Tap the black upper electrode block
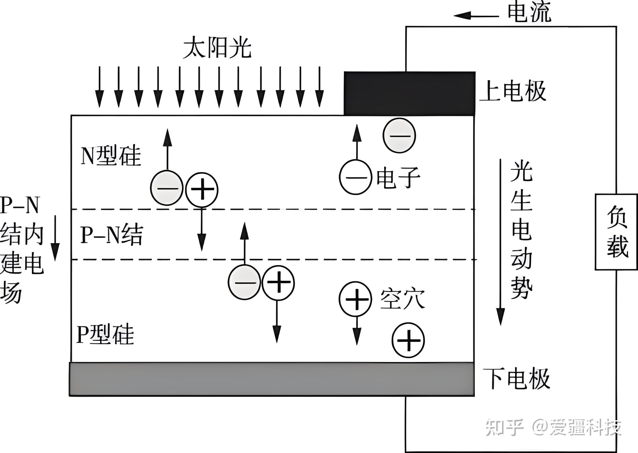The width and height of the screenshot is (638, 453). pyautogui.click(x=409, y=94)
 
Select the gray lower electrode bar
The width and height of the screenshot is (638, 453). pyautogui.click(x=272, y=379)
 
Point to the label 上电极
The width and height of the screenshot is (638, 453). pyautogui.click(x=512, y=91)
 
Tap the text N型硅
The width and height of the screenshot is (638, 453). pyautogui.click(x=111, y=156)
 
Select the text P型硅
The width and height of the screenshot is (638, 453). pyautogui.click(x=105, y=334)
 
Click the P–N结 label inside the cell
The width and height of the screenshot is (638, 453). pyautogui.click(x=112, y=235)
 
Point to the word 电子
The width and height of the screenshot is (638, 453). pyautogui.click(x=398, y=178)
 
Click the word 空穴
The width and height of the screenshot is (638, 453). pyautogui.click(x=402, y=299)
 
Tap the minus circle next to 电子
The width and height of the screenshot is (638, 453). pyautogui.click(x=355, y=177)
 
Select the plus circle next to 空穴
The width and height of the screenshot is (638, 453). pyautogui.click(x=355, y=299)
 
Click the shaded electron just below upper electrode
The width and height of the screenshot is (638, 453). pyautogui.click(x=399, y=135)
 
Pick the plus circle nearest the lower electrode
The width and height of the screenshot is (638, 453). pyautogui.click(x=408, y=340)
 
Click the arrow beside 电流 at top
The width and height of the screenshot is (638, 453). pyautogui.click(x=476, y=16)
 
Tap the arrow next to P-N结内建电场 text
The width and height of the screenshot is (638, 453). pyautogui.click(x=55, y=238)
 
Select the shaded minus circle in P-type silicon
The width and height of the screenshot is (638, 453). pyautogui.click(x=244, y=282)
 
